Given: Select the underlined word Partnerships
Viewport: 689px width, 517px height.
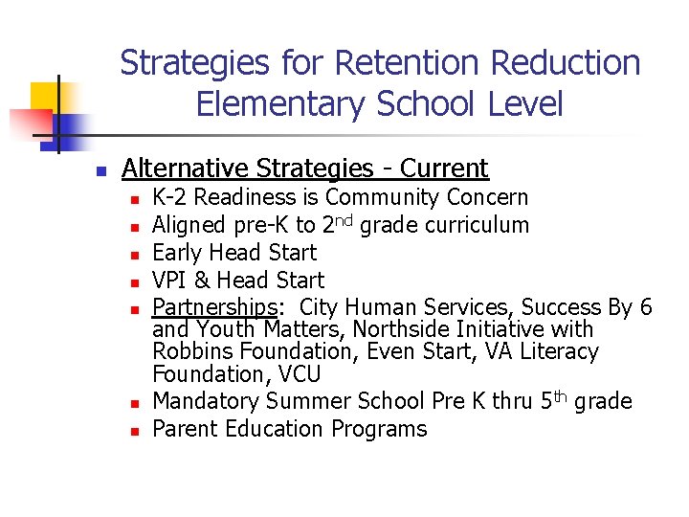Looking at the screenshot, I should (x=214, y=307).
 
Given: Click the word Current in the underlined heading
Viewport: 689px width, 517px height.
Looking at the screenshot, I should (x=444, y=169).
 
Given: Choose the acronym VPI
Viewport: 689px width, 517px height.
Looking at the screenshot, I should (x=172, y=281).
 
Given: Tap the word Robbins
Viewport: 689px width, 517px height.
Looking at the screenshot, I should (x=191, y=352).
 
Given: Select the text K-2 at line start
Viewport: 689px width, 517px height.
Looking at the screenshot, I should (x=170, y=198).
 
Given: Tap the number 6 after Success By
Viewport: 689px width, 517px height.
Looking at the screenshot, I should (x=646, y=307).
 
